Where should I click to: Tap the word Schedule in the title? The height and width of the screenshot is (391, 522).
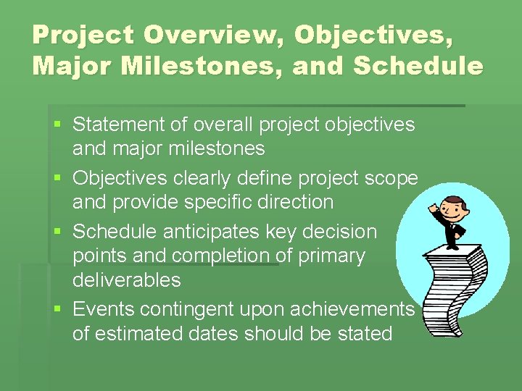(x=418, y=66)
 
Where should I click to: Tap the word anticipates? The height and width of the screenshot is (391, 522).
(x=199, y=232)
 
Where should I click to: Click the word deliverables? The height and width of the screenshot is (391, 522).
(x=126, y=279)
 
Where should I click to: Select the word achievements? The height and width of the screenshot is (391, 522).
(x=352, y=309)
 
